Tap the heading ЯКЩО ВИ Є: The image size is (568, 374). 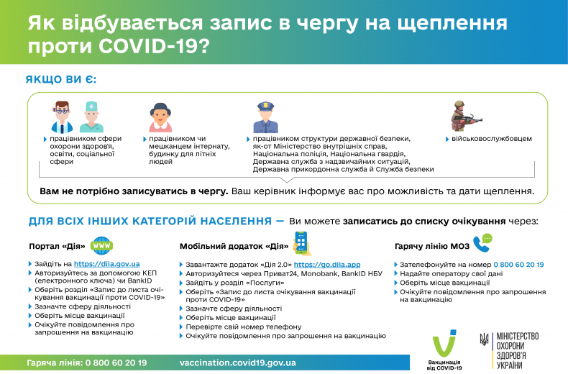coord(61,80)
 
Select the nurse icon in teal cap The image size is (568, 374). coord(91,116)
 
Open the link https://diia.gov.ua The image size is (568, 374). coord(107,264)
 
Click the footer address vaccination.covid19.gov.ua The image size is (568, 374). coord(237,362)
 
